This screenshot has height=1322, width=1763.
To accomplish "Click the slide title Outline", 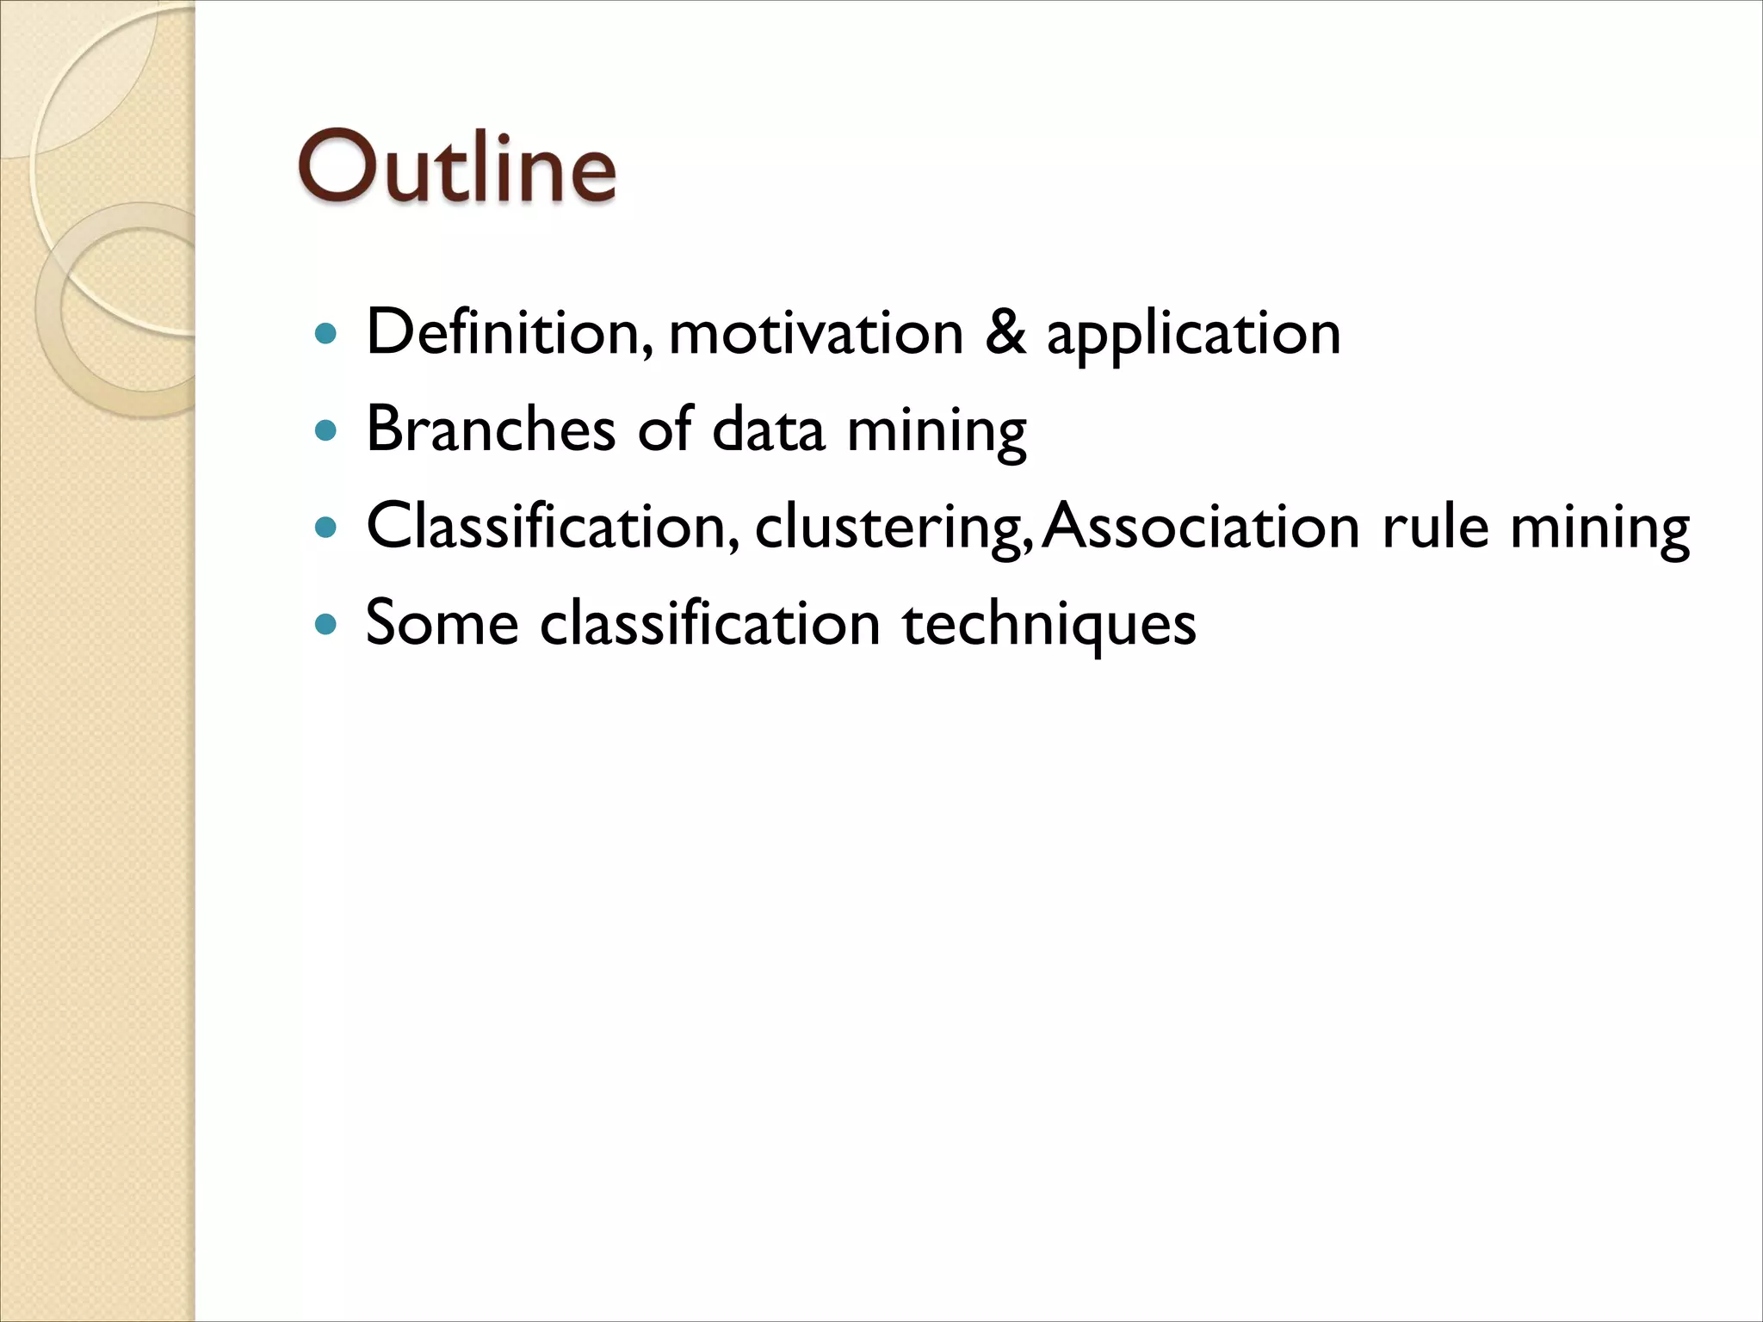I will tap(457, 167).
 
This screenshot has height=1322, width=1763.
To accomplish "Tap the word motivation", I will tap(815, 334).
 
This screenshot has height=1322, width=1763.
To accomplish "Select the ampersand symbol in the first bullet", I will tap(1005, 332).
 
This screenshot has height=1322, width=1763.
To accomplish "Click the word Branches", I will tap(491, 429).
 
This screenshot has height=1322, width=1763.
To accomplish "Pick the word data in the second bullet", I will tap(768, 429).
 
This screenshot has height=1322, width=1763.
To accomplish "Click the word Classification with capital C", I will tap(552, 526).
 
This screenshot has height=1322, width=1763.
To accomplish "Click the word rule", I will tap(1435, 526).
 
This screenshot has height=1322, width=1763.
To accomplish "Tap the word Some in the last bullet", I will tap(442, 623).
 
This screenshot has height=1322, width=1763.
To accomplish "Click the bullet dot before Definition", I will tap(325, 333).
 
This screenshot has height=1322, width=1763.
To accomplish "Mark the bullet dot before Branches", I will tap(325, 429).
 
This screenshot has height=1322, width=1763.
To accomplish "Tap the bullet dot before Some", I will tap(325, 624).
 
